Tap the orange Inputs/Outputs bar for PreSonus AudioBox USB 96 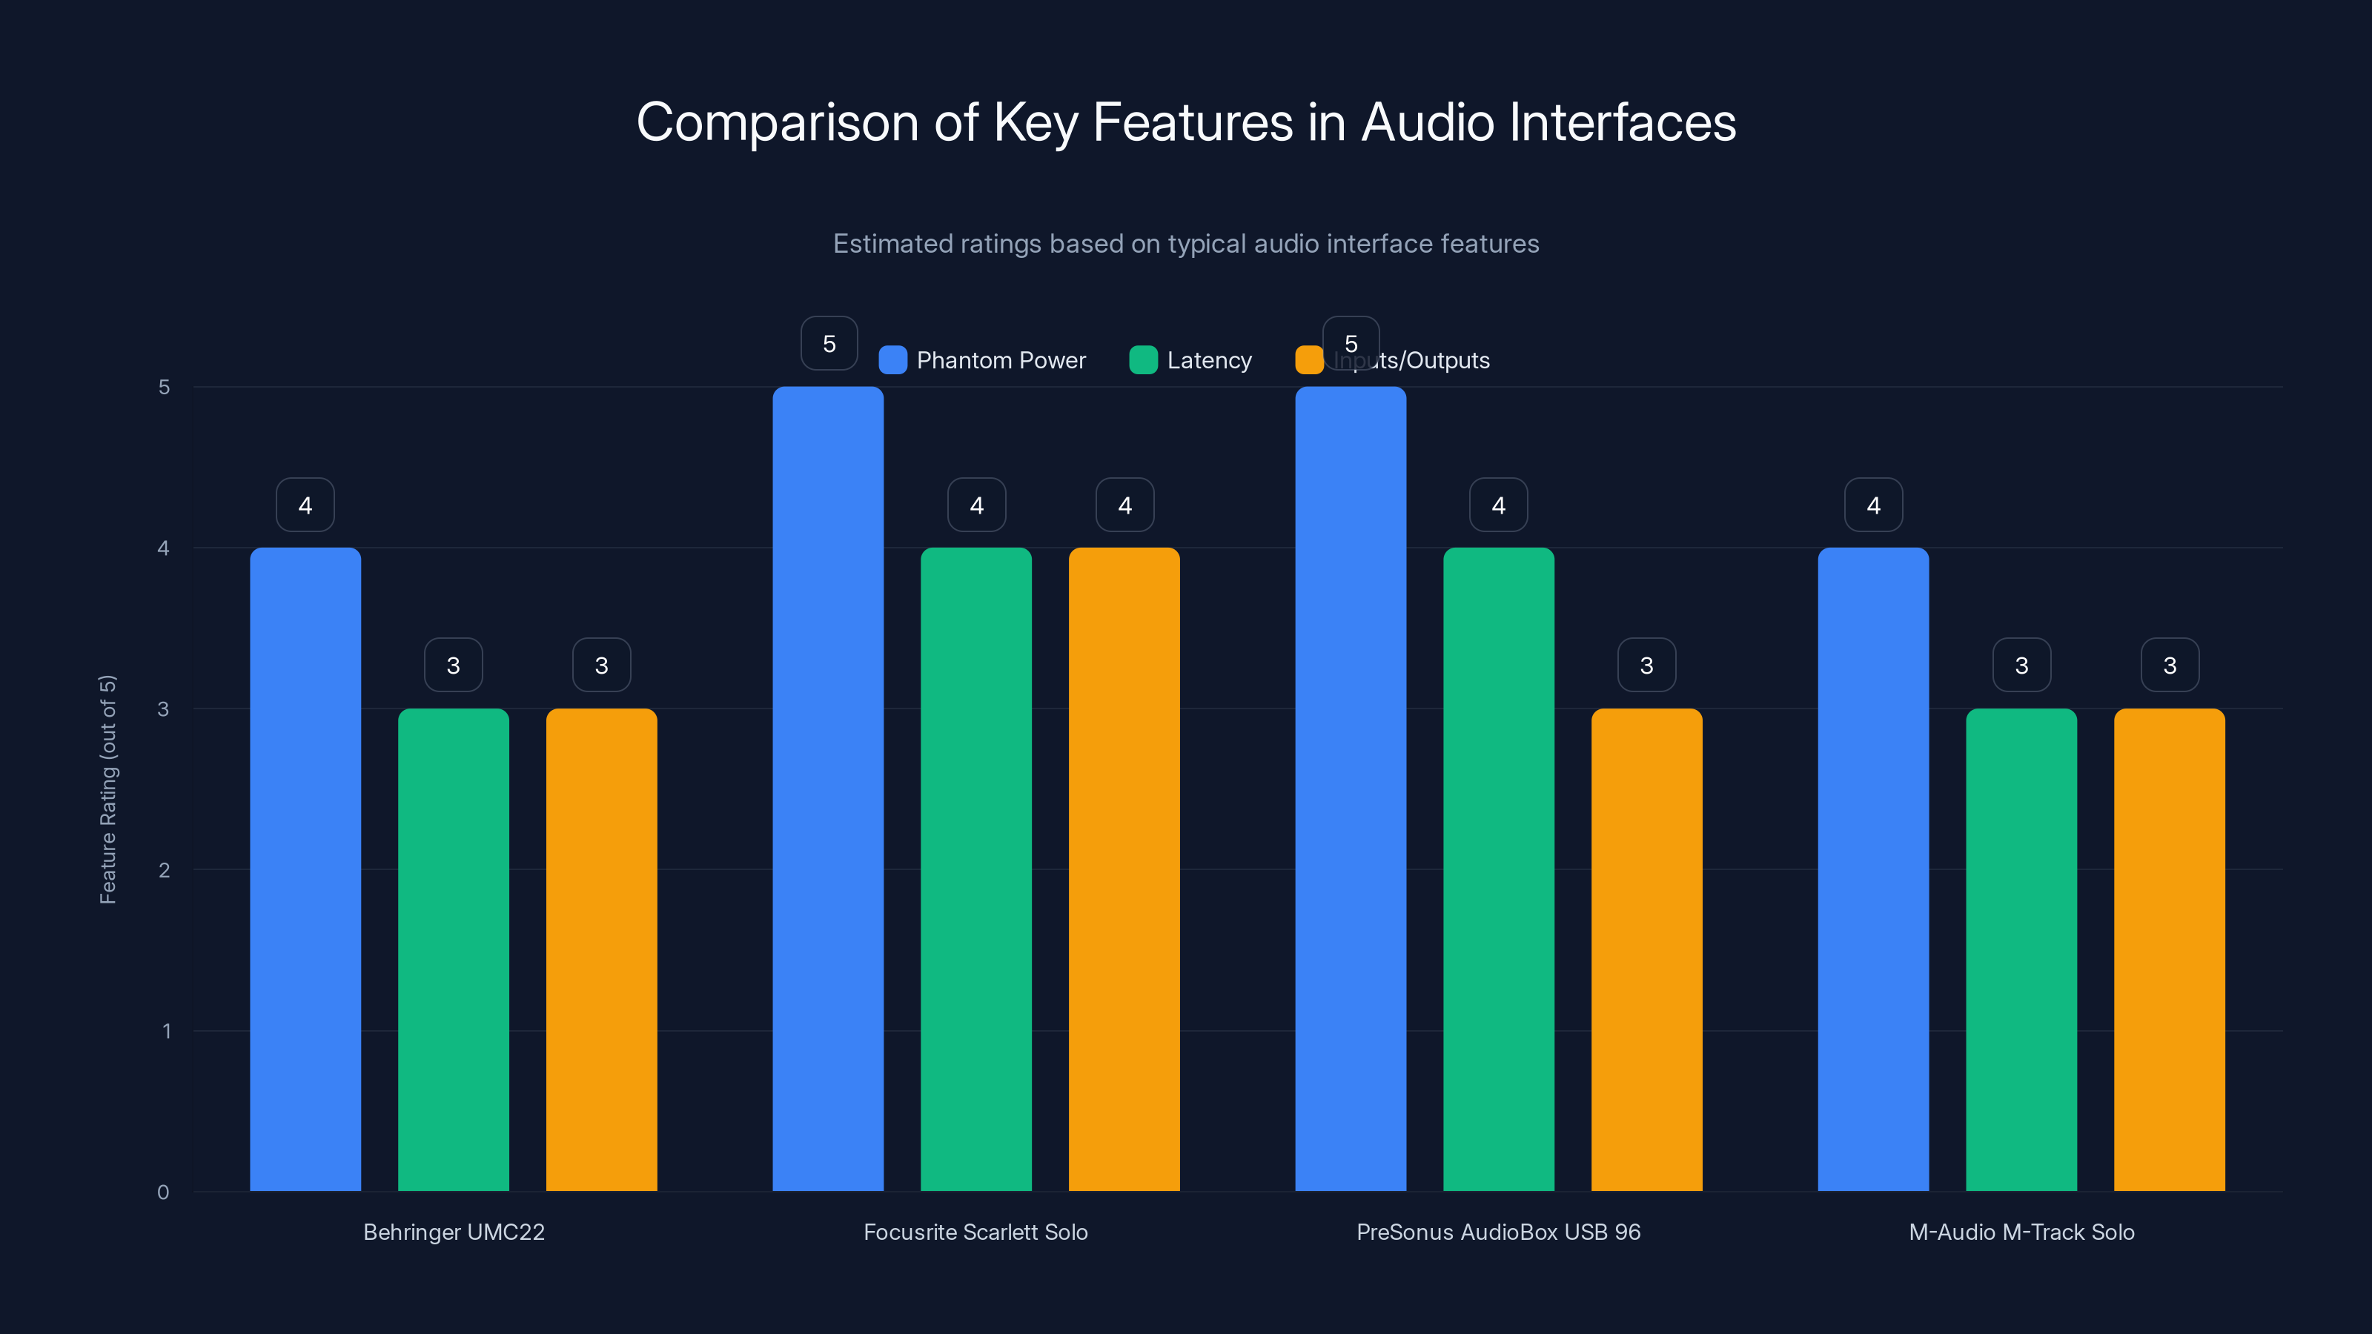click(1646, 949)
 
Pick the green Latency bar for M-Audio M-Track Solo click(2021, 949)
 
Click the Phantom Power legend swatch click(893, 360)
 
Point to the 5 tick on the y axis click(164, 388)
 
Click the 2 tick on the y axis click(164, 870)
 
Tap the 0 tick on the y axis click(163, 1192)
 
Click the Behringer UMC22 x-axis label click(454, 1232)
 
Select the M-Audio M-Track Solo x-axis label click(2021, 1232)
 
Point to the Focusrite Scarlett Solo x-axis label click(976, 1232)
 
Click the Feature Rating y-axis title click(107, 789)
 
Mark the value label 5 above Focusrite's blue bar click(829, 343)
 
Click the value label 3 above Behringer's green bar click(453, 665)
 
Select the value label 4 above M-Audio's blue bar click(1873, 505)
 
